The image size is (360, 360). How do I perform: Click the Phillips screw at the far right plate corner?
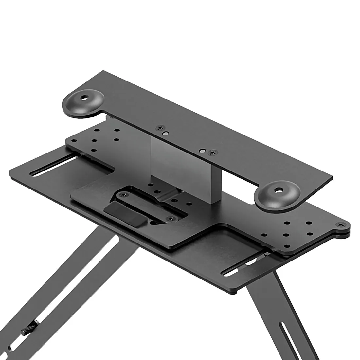[341, 225]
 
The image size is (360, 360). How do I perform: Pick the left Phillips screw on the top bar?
[160, 128]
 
